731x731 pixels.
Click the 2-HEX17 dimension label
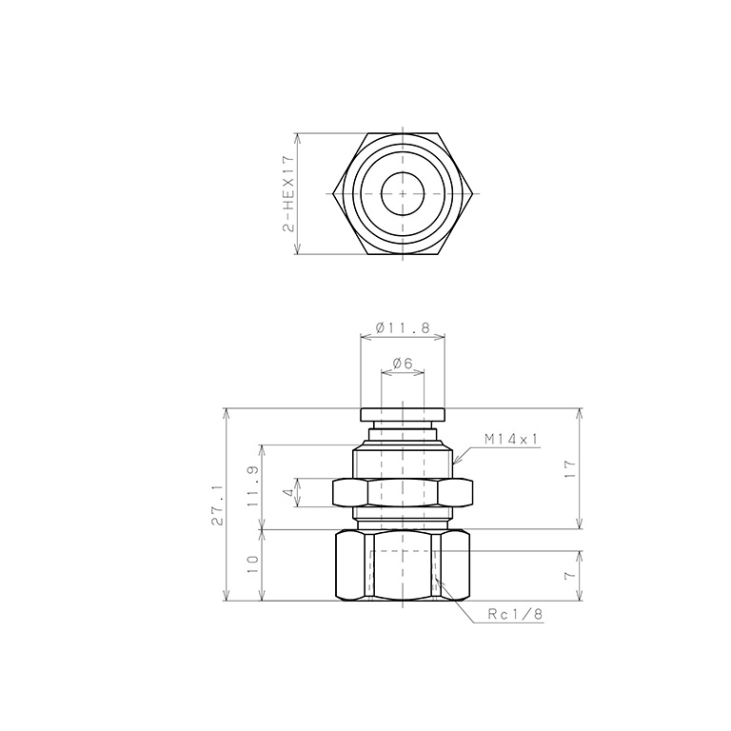tap(289, 194)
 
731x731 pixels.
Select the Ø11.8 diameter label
tap(403, 327)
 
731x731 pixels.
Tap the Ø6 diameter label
tap(403, 364)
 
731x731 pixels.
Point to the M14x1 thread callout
tap(511, 439)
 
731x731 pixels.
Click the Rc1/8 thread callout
tap(515, 615)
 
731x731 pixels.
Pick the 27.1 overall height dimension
tap(217, 504)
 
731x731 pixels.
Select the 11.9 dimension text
tap(253, 486)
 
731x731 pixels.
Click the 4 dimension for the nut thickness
tap(289, 492)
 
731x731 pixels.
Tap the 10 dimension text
tap(253, 564)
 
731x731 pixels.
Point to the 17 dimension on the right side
tap(570, 468)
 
